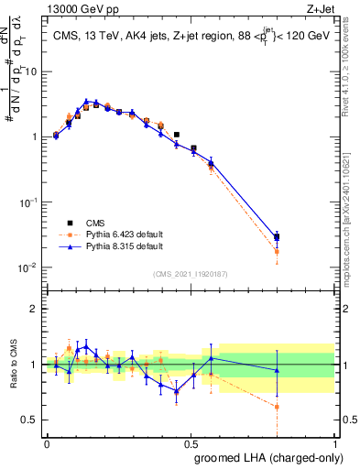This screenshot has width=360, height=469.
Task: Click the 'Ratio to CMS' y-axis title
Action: [x=14, y=365]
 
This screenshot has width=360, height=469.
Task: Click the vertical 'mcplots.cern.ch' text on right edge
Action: [x=353, y=211]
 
